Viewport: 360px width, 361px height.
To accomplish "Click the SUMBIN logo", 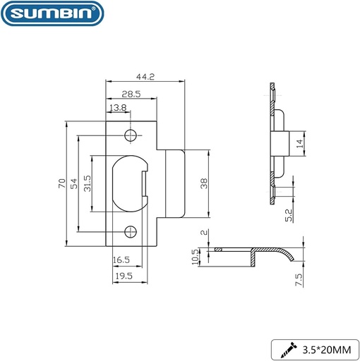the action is [52, 13].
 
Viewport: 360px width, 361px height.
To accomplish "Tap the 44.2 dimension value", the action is [145, 77].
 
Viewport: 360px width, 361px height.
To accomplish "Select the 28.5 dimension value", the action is [131, 94].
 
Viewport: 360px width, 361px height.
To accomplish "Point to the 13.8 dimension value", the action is [118, 108].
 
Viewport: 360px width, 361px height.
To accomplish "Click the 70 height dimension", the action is [62, 183].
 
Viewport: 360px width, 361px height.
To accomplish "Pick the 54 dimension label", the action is [74, 183].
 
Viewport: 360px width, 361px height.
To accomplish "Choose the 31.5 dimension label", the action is [87, 183].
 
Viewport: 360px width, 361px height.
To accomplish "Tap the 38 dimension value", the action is [204, 183].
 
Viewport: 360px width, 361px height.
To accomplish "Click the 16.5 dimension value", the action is [121, 260].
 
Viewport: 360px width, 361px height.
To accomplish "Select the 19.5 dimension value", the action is [124, 276].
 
